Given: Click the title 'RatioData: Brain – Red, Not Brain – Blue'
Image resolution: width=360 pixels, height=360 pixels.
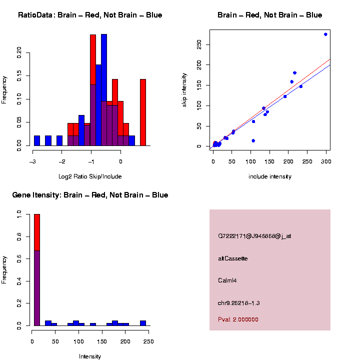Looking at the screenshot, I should pos(90,15).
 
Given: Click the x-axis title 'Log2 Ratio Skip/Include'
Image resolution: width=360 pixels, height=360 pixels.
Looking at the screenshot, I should pos(90,176).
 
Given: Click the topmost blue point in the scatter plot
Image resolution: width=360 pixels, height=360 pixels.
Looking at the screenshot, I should pos(325,34).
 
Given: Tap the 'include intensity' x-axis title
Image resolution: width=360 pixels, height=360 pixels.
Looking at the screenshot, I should pos(269,176).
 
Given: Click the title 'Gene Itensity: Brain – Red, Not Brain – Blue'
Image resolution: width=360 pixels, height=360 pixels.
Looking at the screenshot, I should pos(90,195).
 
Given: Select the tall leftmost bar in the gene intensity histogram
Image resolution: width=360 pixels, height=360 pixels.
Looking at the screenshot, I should pos(37,270).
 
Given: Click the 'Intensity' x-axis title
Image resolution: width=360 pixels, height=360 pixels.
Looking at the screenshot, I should pos(90,356).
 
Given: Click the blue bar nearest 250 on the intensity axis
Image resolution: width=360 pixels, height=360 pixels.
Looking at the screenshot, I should pos(143,323).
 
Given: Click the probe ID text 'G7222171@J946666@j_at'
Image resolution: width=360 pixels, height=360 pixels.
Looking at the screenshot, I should pos(254,236).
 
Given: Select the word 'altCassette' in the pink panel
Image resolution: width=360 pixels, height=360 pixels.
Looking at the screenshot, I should pos(233,258).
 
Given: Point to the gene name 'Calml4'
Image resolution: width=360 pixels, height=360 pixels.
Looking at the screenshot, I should pos(227,280).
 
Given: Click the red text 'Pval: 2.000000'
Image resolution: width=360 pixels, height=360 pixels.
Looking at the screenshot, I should pos(238,319).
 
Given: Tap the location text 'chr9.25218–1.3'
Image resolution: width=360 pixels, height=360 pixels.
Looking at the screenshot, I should pos(239,303).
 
